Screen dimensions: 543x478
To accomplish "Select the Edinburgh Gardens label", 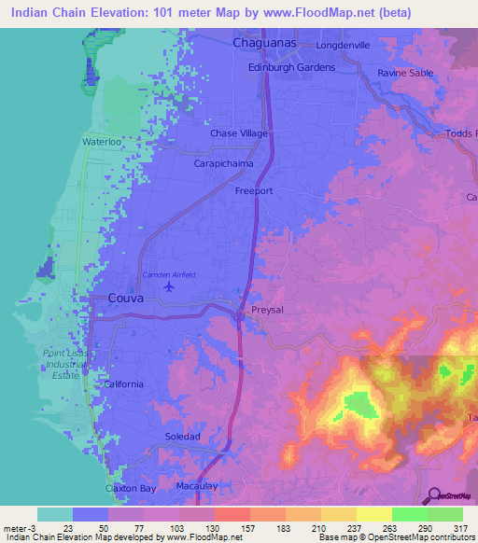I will pos(289,68).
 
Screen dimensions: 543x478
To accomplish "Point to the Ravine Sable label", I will pos(407,73).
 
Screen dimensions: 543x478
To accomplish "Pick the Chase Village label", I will pos(239,134).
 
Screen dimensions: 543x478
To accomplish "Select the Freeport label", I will pos(252,190).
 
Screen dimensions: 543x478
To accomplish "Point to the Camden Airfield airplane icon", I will pos(168,286).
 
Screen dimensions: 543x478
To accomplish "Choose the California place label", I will pos(123,384).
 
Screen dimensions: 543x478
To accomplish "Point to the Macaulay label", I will pos(197,486).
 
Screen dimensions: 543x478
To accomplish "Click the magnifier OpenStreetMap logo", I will pos(434,496).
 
